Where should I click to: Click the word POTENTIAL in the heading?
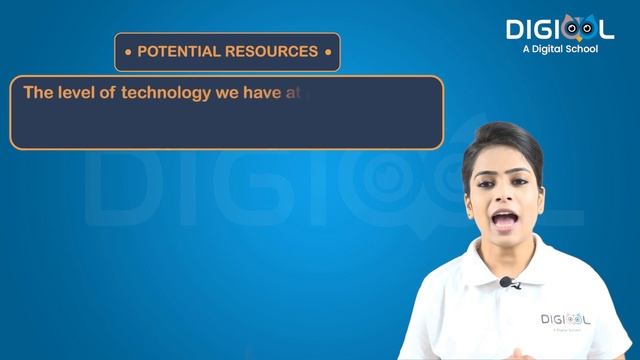pos(173,51)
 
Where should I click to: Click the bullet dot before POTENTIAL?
pos(127,51)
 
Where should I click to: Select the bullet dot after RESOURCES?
pos(327,51)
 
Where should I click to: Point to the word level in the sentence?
pos(71,93)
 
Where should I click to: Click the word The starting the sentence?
pos(36,93)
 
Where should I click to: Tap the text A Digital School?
pos(560,49)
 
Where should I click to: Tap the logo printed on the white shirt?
pos(565,320)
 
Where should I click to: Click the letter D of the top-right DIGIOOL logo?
pos(517,29)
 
